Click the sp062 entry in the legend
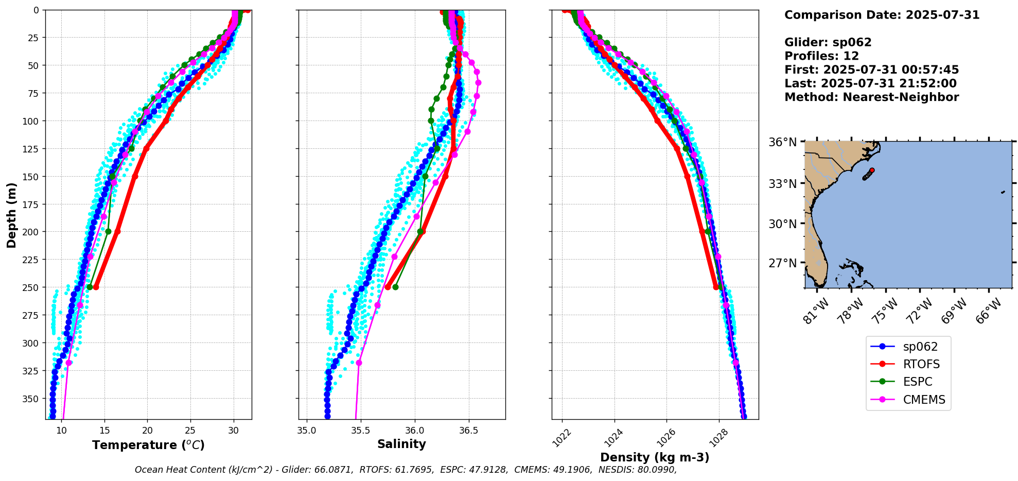point(920,347)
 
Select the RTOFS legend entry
point(921,364)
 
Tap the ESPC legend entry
point(918,382)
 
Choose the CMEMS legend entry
point(924,400)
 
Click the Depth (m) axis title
point(11,215)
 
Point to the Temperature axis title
point(148,445)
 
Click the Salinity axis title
point(401,444)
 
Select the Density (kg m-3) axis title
point(655,457)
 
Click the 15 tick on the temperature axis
point(104,431)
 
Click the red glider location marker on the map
point(872,170)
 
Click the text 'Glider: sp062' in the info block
point(828,42)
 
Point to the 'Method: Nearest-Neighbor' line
point(871,97)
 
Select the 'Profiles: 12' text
point(821,56)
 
